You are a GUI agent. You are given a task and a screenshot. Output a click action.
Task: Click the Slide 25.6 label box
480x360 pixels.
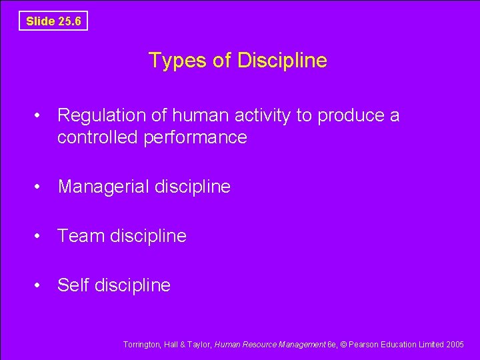pos(53,21)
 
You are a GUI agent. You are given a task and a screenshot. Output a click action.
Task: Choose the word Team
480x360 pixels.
pos(79,236)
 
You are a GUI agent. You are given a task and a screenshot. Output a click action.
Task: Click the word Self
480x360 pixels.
pos(73,285)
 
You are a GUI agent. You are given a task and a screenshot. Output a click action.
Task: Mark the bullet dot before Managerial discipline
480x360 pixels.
pos(41,187)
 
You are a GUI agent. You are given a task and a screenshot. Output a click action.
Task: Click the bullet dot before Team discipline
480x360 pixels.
pos(41,236)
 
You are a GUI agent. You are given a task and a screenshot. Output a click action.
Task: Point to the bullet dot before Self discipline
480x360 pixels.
pos(41,285)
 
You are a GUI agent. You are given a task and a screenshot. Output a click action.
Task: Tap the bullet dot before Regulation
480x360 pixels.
pos(41,116)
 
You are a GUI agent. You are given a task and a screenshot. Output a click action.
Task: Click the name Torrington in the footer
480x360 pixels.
pos(142,345)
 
